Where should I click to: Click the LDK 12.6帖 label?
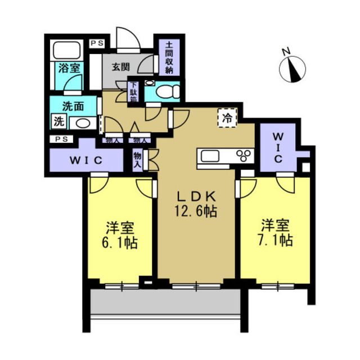[x=196, y=204]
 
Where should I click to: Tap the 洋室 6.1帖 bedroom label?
[x=120, y=235]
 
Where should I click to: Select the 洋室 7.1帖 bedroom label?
[x=275, y=233]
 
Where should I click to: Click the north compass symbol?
[x=292, y=68]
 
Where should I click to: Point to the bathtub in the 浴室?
[x=67, y=50]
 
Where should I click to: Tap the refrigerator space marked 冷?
[x=227, y=118]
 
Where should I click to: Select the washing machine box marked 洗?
[x=59, y=121]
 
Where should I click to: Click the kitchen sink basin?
[x=210, y=156]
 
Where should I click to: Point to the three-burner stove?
[x=244, y=156]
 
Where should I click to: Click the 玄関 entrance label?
[x=121, y=67]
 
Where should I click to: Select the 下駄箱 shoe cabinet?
[x=133, y=92]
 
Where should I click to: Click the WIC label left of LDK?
[x=86, y=160]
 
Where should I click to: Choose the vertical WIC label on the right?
[x=278, y=147]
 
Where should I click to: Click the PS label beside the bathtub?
[x=97, y=43]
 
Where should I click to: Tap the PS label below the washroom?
[x=61, y=139]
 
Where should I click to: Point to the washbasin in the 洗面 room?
[x=83, y=124]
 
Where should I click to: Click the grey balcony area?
[x=165, y=301]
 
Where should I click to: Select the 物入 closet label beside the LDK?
[x=137, y=160]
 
